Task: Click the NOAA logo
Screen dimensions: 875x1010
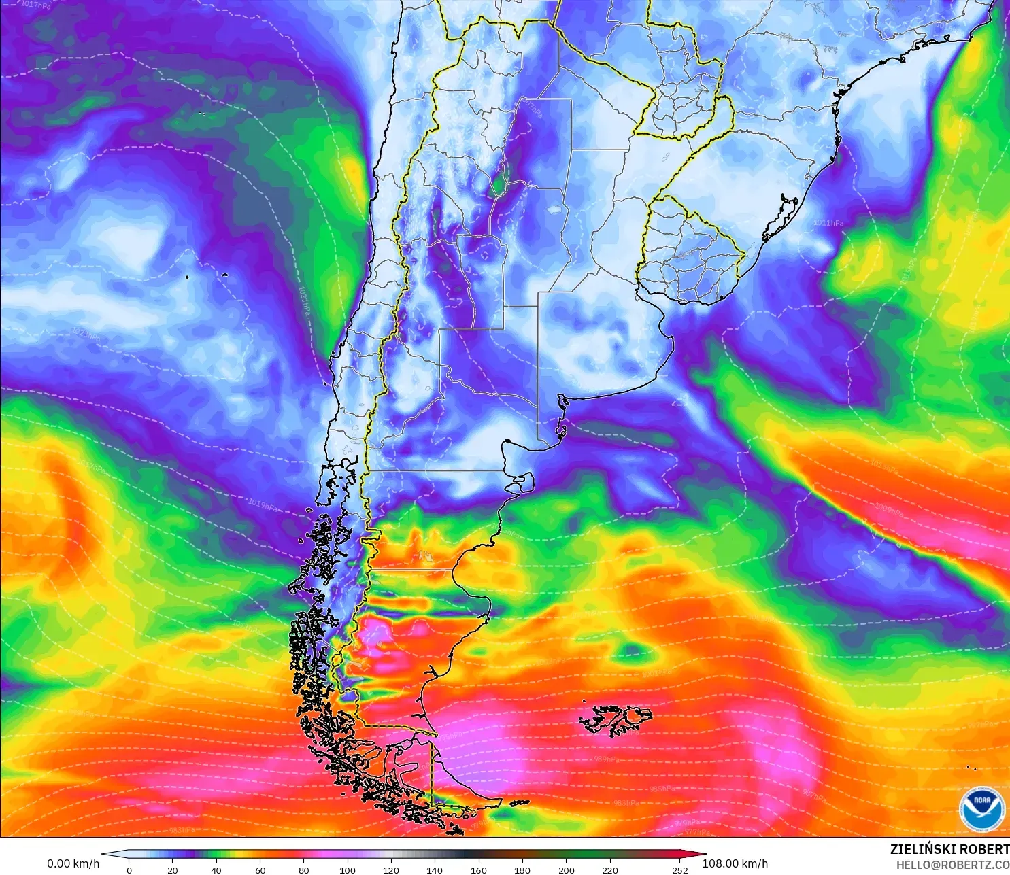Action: (x=981, y=809)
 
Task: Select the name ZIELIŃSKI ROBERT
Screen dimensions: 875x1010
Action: (x=949, y=849)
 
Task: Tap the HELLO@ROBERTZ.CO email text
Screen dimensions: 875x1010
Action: (x=952, y=865)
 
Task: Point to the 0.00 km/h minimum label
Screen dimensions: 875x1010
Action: (x=73, y=863)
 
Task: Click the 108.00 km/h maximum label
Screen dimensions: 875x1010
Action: (x=735, y=863)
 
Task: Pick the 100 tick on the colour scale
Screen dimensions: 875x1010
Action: (x=348, y=870)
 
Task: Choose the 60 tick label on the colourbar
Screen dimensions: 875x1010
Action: (x=260, y=870)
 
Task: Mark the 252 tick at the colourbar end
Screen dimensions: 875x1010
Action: (x=680, y=870)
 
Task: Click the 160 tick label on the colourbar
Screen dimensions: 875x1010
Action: (x=479, y=870)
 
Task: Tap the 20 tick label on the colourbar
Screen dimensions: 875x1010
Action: (x=173, y=870)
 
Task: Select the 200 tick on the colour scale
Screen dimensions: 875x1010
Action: (x=567, y=870)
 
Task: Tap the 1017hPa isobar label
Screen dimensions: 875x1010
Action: (x=35, y=5)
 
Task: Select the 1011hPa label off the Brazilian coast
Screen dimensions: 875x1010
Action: (x=828, y=223)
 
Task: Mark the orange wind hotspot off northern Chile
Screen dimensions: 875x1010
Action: (x=353, y=170)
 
